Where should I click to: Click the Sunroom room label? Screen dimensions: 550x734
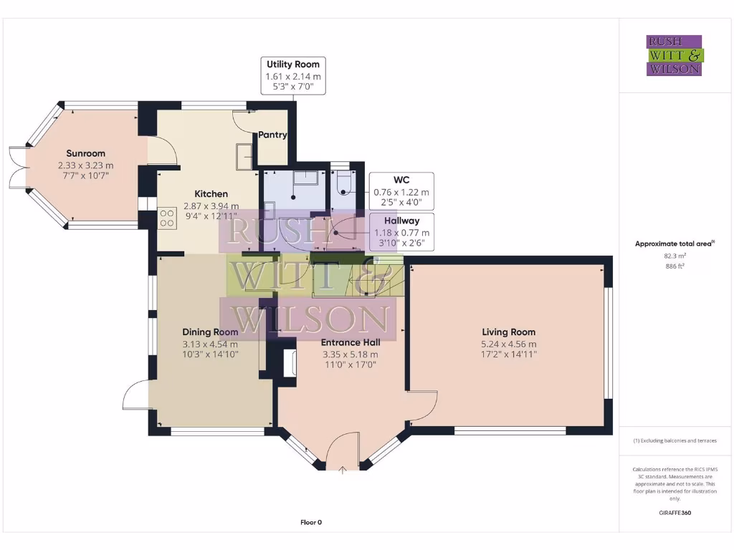pyautogui.click(x=86, y=153)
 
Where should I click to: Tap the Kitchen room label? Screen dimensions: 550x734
pyautogui.click(x=211, y=194)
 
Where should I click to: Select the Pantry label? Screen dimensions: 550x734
pyautogui.click(x=272, y=135)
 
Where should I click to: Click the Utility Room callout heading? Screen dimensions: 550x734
pyautogui.click(x=293, y=64)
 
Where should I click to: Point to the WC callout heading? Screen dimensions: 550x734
pyautogui.click(x=401, y=179)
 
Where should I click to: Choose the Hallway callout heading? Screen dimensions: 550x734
pyautogui.click(x=401, y=221)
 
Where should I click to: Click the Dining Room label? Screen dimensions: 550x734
pyautogui.click(x=210, y=332)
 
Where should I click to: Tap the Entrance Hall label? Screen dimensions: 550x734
pyautogui.click(x=351, y=342)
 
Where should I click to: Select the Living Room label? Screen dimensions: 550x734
pyautogui.click(x=508, y=332)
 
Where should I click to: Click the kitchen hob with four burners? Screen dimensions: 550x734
pyautogui.click(x=168, y=218)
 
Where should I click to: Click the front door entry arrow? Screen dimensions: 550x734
pyautogui.click(x=343, y=471)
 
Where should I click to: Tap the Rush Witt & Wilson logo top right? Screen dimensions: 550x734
pyautogui.click(x=675, y=55)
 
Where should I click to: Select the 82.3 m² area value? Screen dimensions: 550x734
pyautogui.click(x=675, y=255)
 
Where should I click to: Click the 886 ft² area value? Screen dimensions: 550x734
pyautogui.click(x=675, y=266)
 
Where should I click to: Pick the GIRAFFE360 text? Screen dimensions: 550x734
pyautogui.click(x=675, y=513)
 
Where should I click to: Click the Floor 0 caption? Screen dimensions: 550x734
pyautogui.click(x=311, y=522)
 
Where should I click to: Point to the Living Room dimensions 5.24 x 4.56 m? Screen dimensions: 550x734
pyautogui.click(x=508, y=343)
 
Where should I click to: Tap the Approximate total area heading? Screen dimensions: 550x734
pyautogui.click(x=675, y=243)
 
